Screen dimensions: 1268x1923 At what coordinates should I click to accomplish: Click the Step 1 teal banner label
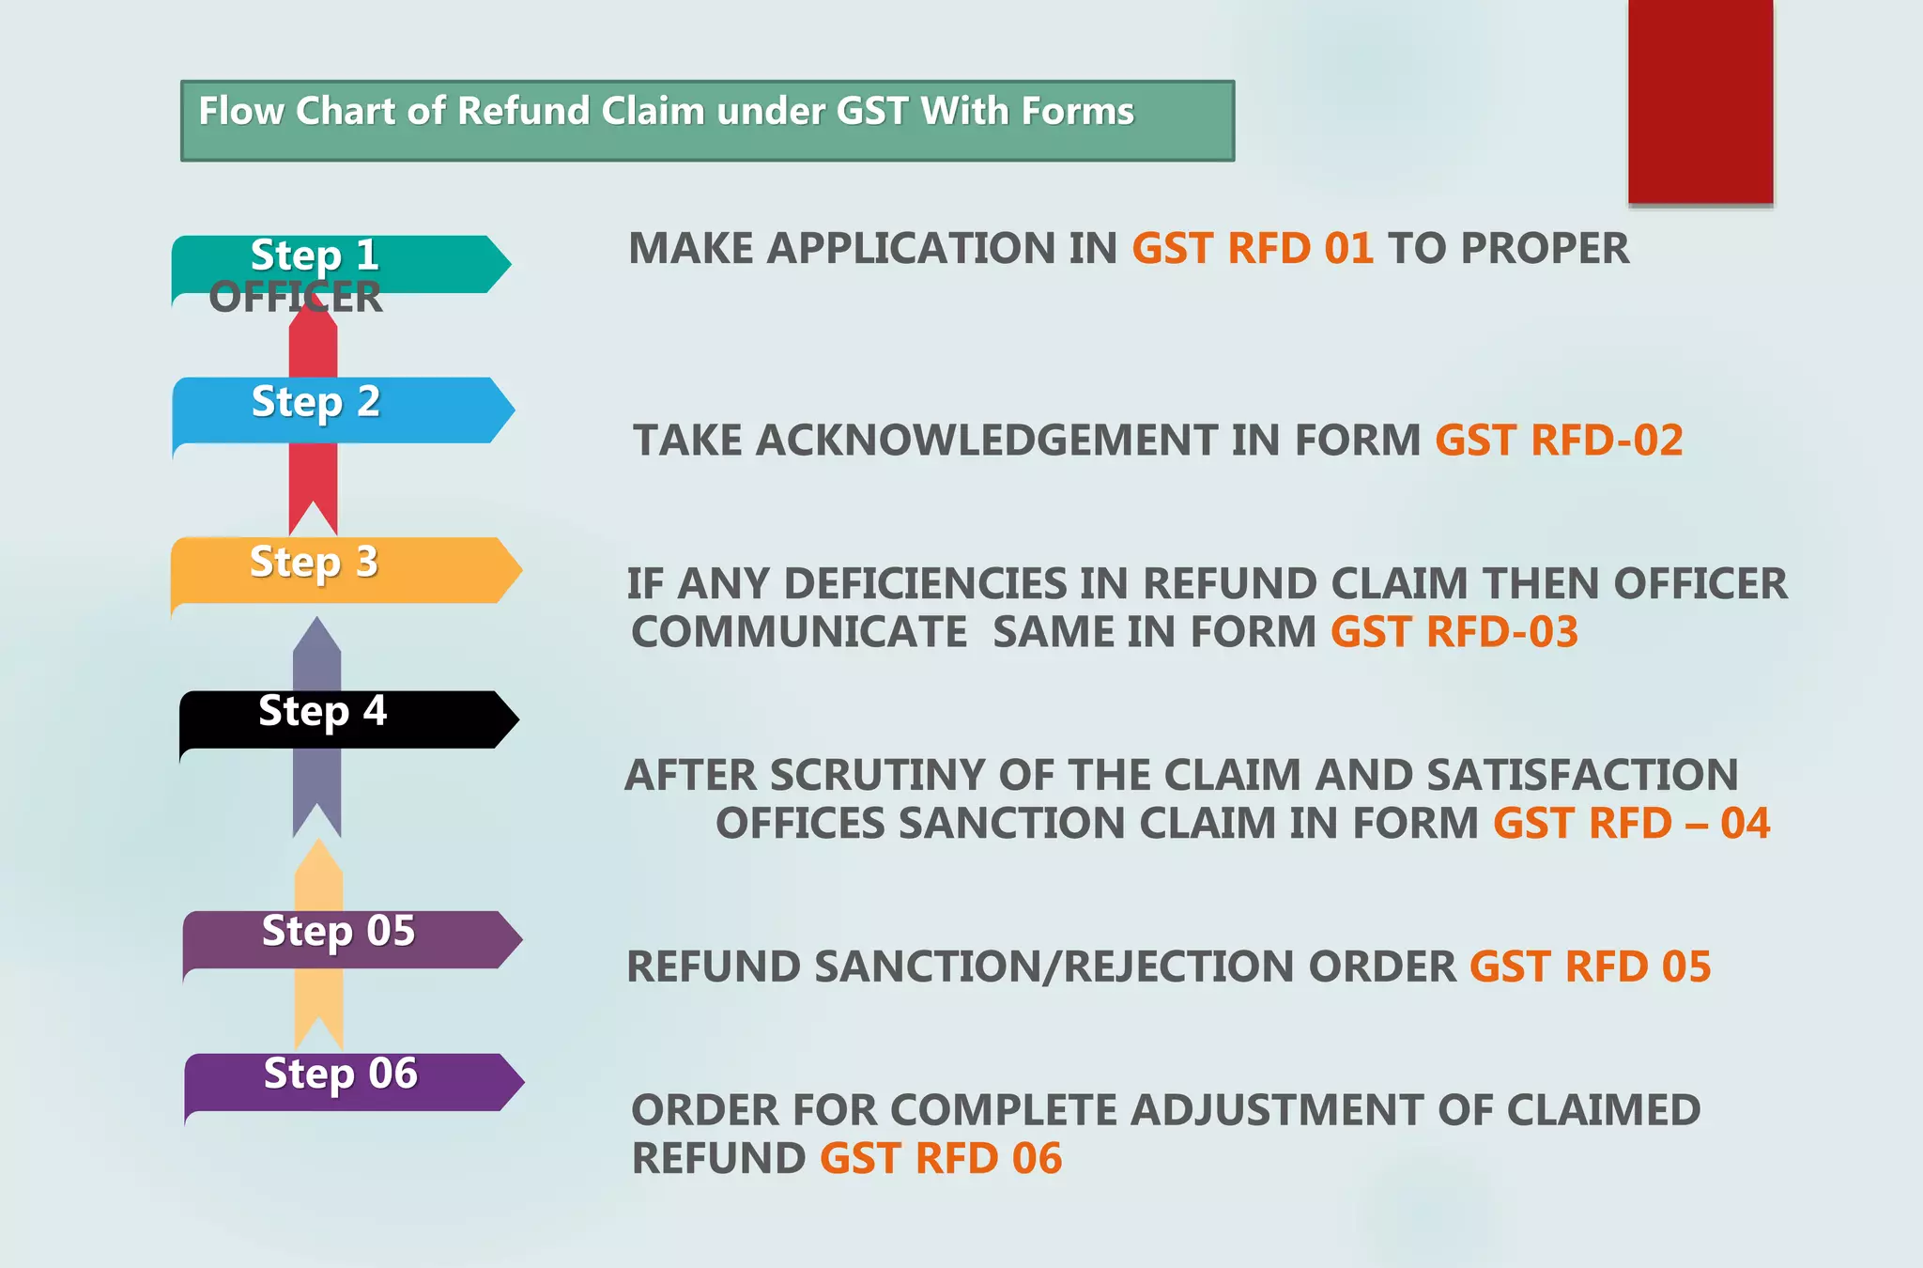click(315, 255)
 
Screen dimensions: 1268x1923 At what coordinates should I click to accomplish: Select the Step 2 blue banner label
click(316, 402)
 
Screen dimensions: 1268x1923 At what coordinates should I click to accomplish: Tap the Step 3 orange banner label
click(315, 563)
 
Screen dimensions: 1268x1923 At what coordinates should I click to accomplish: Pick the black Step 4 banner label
click(322, 711)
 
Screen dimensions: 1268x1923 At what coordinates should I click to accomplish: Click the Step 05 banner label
click(338, 931)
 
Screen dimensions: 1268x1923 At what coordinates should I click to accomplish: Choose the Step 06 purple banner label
click(340, 1074)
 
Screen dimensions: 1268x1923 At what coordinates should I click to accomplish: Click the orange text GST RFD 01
click(1252, 249)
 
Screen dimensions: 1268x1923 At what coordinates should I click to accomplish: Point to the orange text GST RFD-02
click(1559, 441)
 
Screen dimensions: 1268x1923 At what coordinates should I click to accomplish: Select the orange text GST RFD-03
click(1454, 632)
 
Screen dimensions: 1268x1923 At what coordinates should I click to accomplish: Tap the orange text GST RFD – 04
click(1631, 824)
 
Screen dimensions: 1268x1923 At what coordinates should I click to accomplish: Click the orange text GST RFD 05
click(1590, 967)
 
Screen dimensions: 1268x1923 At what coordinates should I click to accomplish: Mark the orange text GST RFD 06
click(940, 1159)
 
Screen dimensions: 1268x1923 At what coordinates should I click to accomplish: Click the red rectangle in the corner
click(1700, 101)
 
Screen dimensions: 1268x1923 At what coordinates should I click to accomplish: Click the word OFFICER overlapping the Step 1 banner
click(296, 298)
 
